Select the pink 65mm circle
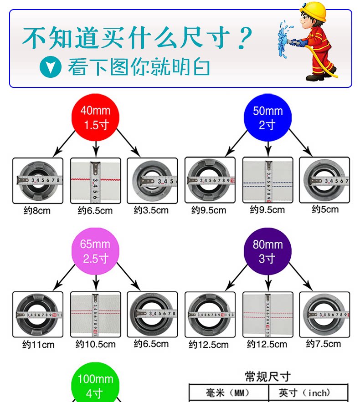click(x=95, y=251)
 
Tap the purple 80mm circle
click(x=267, y=251)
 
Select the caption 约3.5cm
click(x=151, y=210)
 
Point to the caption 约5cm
click(x=325, y=209)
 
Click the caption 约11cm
click(x=39, y=345)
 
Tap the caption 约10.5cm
click(x=95, y=344)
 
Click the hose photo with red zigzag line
click(x=95, y=180)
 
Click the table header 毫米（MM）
click(x=228, y=392)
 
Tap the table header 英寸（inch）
click(x=309, y=392)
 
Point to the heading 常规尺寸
click(x=267, y=377)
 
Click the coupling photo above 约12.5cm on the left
click(x=210, y=314)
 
